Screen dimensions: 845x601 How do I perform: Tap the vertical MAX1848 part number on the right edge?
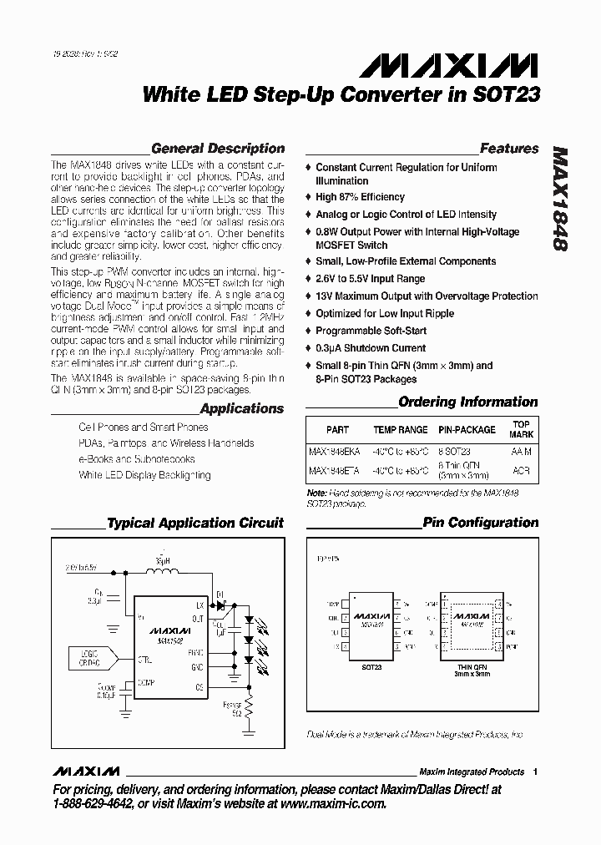pos(560,200)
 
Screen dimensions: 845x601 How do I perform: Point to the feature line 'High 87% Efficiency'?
pos(360,197)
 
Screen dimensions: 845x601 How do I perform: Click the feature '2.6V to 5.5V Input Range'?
pos(370,279)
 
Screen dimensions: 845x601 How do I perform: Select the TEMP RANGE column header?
pos(400,430)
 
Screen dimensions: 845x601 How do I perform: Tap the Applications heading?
pos(242,409)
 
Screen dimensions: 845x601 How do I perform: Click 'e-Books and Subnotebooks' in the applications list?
pos(137,459)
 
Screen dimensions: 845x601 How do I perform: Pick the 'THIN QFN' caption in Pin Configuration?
pos(471,667)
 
